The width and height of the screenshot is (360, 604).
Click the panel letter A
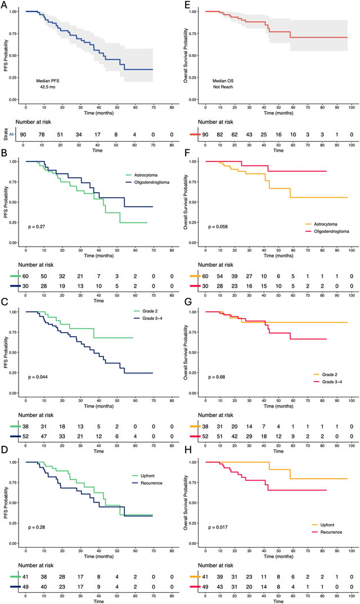coord(4,5)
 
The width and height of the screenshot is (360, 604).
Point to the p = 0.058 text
coord(219,227)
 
